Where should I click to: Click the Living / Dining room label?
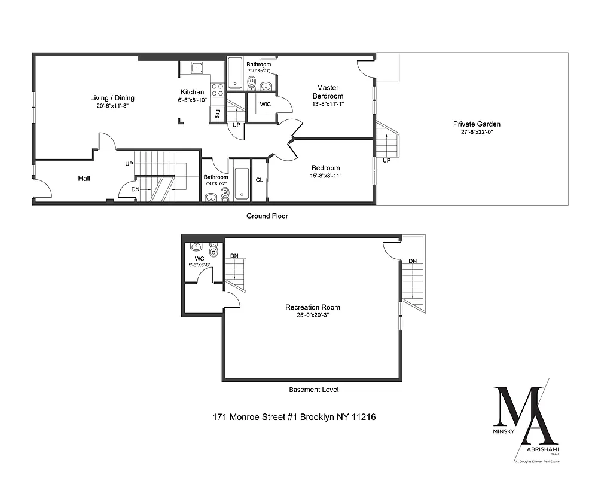point(112,98)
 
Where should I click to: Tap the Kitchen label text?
point(193,92)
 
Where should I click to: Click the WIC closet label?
point(266,104)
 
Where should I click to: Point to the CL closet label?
point(260,180)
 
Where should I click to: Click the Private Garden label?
point(477,124)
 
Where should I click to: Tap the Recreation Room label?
point(313,307)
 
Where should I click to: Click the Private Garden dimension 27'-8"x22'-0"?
point(477,133)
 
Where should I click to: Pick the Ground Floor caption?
point(267,216)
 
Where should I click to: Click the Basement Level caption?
point(314,390)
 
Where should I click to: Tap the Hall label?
point(84,178)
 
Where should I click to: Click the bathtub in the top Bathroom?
point(234,73)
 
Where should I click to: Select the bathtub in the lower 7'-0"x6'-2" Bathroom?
point(242,182)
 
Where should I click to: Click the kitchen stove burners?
point(218,90)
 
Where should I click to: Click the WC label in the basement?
point(198,258)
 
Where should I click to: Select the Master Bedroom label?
point(328,92)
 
